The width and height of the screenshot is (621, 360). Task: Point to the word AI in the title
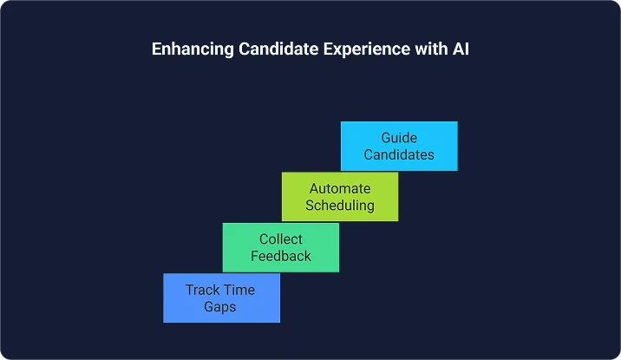[x=459, y=49]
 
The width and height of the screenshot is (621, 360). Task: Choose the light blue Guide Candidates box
[x=399, y=146]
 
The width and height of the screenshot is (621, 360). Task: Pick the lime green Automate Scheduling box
[x=340, y=196]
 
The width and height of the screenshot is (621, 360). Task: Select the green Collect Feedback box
[x=281, y=247]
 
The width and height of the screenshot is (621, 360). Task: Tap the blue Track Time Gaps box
[x=221, y=298]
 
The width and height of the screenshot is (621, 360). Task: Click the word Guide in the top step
[x=399, y=137]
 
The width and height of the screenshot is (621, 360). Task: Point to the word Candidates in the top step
[x=399, y=154]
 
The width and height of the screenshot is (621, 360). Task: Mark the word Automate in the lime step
[x=340, y=188]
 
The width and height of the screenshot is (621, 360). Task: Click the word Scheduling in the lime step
[x=340, y=206]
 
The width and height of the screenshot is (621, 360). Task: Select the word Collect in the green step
[x=281, y=239]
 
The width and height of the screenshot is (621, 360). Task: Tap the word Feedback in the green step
[x=281, y=256]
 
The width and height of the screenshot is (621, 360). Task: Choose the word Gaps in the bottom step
[x=221, y=306]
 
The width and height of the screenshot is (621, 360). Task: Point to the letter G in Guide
[x=386, y=137]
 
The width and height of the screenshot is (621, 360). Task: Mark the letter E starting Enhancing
[x=157, y=49]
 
